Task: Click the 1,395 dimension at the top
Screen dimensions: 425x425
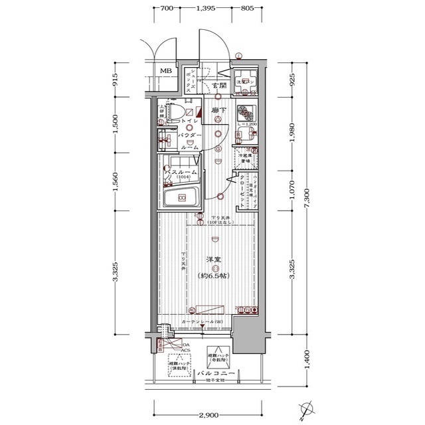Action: coord(207,8)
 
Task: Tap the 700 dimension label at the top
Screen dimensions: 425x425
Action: coord(167,8)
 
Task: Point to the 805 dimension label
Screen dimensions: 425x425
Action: coord(247,8)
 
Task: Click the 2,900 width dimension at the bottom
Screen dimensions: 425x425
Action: coord(207,414)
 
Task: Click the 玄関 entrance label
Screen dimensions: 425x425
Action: coord(219,86)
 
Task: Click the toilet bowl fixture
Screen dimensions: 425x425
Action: coord(175,112)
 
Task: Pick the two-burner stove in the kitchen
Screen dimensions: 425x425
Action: coord(246,112)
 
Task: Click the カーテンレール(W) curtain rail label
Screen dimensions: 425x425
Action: coord(207,323)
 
